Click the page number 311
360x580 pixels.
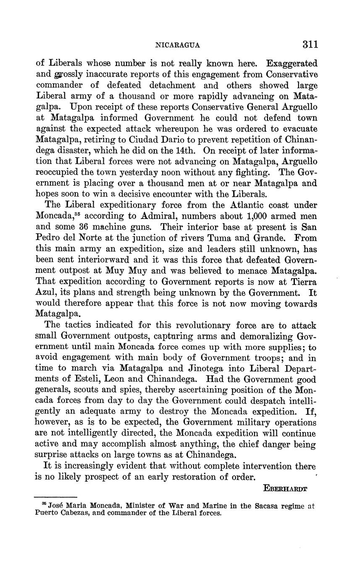click(x=309, y=45)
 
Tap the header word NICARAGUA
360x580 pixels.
click(x=178, y=45)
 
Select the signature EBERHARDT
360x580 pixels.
click(x=285, y=488)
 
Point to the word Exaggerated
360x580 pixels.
click(x=292, y=64)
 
